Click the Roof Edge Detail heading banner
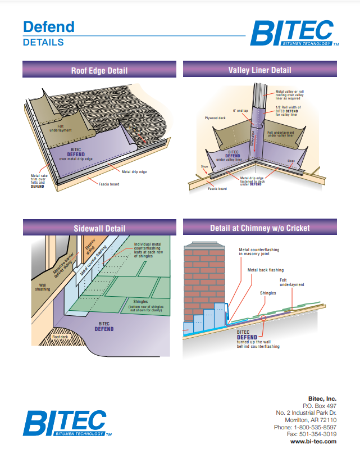click(99, 70)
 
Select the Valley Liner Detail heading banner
click(259, 70)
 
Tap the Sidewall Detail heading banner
click(99, 228)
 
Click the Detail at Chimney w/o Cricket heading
click(259, 228)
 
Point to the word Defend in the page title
click(48, 27)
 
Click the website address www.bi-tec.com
click(313, 442)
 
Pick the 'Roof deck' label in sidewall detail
click(60, 337)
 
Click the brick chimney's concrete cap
click(204, 246)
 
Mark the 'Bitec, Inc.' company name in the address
click(323, 398)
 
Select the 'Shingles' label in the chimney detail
click(267, 293)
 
